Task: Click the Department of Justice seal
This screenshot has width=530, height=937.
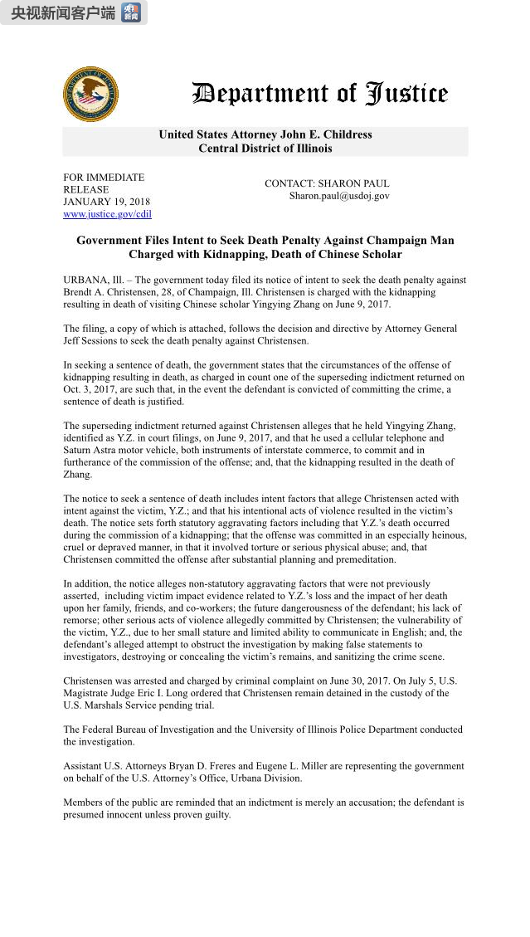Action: [90, 95]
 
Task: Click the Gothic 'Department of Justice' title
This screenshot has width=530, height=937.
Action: [320, 94]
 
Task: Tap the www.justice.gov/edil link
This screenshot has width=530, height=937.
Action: [107, 214]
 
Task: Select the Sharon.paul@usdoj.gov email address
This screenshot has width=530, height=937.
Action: [339, 196]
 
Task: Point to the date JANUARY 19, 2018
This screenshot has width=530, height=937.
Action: [106, 202]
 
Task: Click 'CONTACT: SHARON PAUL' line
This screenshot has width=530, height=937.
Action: [327, 183]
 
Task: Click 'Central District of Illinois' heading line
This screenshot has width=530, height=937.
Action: [265, 149]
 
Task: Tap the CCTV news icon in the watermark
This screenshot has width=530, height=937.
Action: [131, 12]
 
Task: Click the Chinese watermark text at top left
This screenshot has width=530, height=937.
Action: [62, 12]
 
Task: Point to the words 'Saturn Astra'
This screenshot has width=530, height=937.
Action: [91, 451]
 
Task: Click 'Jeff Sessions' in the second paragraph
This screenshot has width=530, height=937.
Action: [91, 340]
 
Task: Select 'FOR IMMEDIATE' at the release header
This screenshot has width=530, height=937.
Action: [104, 178]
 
